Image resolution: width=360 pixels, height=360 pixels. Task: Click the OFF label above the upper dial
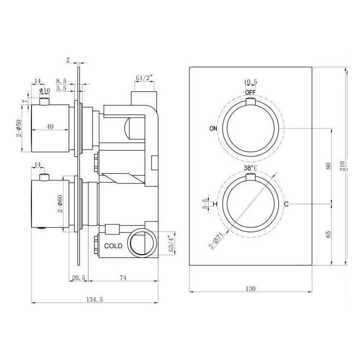click(250, 92)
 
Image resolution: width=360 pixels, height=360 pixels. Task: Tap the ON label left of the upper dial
click(214, 128)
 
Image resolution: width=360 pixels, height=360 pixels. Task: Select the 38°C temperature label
click(250, 168)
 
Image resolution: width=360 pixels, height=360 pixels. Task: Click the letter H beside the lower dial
click(215, 204)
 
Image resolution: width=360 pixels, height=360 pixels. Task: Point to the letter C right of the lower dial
click(286, 204)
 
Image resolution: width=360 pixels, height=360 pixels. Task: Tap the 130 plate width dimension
click(251, 288)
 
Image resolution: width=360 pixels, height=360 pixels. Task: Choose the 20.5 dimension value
click(77, 278)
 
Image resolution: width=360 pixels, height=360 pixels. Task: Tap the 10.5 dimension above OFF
click(250, 82)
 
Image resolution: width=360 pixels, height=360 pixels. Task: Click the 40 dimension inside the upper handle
click(50, 127)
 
